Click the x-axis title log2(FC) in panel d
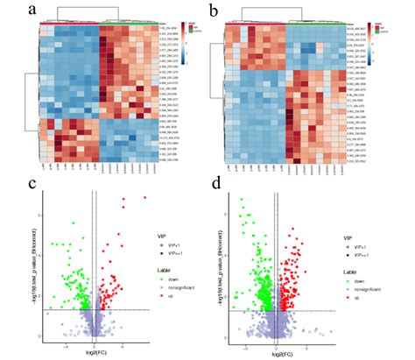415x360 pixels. point(278,353)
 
